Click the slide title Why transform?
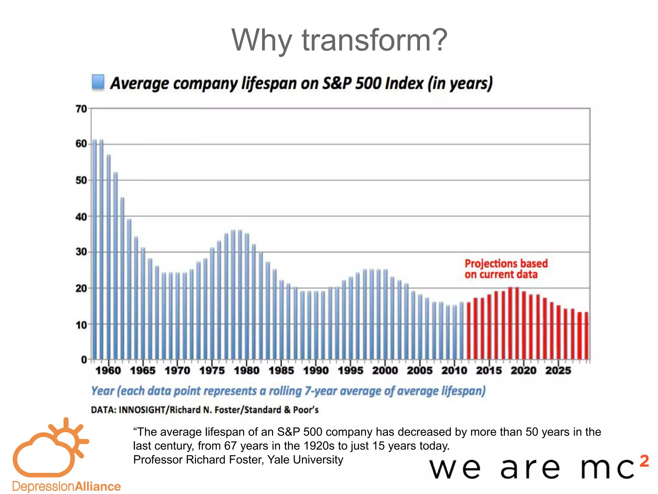[339, 40]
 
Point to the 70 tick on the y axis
[81, 109]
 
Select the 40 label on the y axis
[81, 217]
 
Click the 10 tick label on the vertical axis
[81, 325]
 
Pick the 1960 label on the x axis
[108, 370]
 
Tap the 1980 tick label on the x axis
[246, 370]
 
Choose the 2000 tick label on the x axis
[385, 370]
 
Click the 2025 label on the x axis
[558, 370]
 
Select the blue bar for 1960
[109, 257]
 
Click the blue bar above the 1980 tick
[247, 296]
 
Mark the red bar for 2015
[489, 326]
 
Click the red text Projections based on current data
[506, 269]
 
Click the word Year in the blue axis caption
[102, 391]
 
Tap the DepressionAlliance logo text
[67, 486]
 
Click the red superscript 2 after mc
[644, 461]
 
